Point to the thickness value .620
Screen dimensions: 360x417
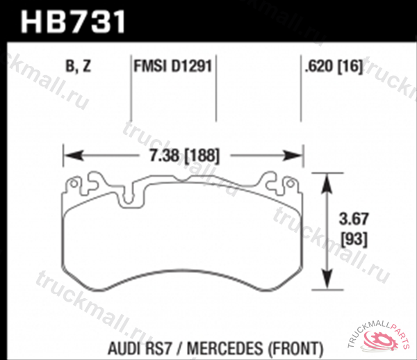click(x=317, y=67)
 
